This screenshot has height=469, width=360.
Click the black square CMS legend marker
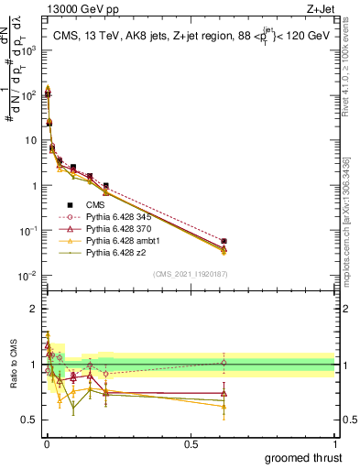click(71, 204)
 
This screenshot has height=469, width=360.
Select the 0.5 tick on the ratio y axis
click(32, 420)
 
